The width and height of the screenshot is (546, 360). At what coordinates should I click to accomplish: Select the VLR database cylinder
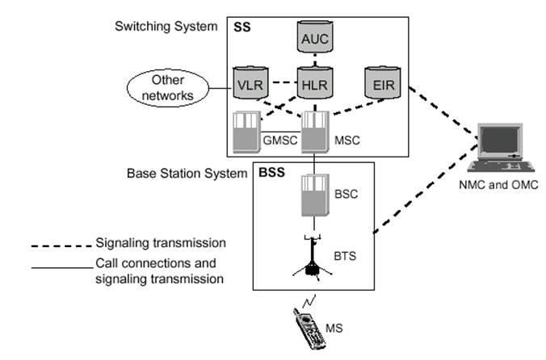[248, 85]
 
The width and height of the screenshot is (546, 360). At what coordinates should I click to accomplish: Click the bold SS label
[242, 27]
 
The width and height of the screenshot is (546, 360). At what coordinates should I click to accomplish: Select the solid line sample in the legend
[61, 266]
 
